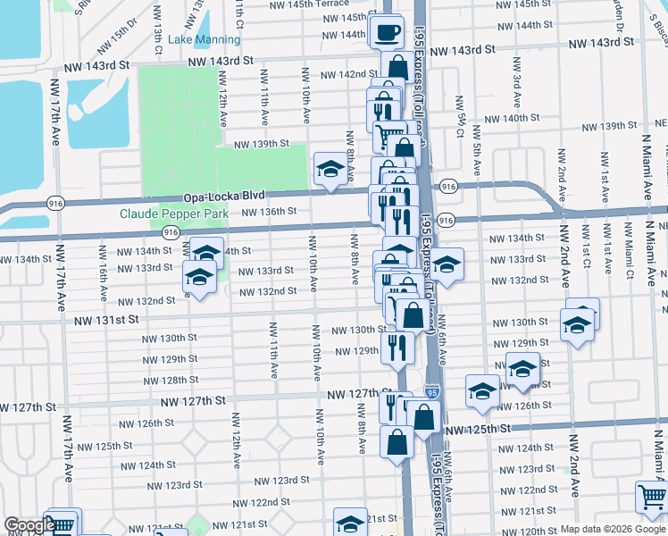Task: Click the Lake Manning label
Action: [x=205, y=40]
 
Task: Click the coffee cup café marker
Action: [x=387, y=34]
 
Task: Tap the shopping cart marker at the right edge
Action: [x=652, y=497]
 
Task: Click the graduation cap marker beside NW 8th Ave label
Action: [x=330, y=169]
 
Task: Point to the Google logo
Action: [x=29, y=525]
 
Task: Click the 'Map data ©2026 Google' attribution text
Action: [x=613, y=528]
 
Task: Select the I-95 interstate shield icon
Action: [x=432, y=392]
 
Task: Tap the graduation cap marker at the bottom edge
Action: [x=350, y=523]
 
